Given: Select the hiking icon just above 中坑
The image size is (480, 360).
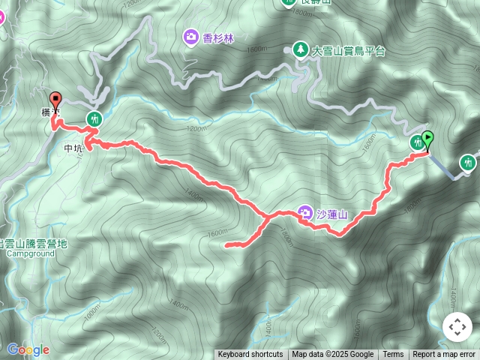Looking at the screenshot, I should coord(94,118).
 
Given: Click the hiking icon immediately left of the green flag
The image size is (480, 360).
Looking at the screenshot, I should coord(417,142).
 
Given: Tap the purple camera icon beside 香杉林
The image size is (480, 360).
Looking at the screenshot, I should coord(190,36).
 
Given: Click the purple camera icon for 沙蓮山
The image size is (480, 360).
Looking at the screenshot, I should coord(305,213).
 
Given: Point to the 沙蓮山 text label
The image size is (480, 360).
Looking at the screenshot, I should coord(332,214).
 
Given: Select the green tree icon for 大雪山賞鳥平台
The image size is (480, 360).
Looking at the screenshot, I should coord(300,49).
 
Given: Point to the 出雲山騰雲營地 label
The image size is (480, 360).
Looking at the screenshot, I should coord(33,243).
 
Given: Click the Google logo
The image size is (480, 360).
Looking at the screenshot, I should coord(28,349).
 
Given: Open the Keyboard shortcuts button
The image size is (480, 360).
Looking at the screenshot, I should coord(250,355).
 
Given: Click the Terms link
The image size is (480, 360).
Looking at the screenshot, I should coord(393,355).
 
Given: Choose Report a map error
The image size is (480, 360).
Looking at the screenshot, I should coord(444,355).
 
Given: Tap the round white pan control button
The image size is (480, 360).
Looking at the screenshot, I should coord(457,327).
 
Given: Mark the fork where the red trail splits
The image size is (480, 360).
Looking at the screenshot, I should coord(266,218).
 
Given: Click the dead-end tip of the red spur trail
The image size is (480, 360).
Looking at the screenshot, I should coord(226,244).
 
